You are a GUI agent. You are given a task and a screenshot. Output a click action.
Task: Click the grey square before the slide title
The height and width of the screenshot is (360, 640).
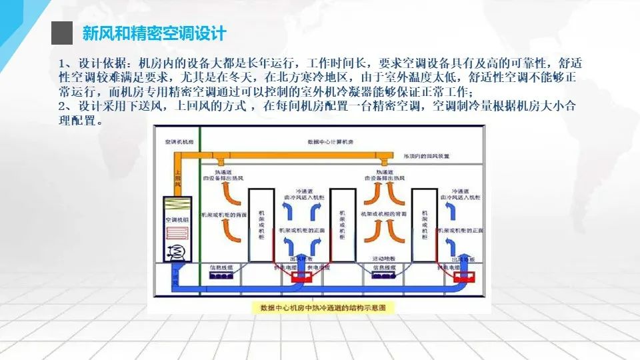[x=61, y=32]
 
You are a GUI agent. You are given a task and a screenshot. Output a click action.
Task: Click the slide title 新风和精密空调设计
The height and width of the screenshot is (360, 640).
[x=154, y=33]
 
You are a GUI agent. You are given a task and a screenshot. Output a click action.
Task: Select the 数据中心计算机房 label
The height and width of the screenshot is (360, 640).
[x=334, y=142]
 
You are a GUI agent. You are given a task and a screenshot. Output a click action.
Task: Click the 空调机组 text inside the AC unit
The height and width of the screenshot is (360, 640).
[x=176, y=219]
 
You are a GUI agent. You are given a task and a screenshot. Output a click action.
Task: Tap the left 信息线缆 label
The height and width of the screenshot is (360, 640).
[x=221, y=267]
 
